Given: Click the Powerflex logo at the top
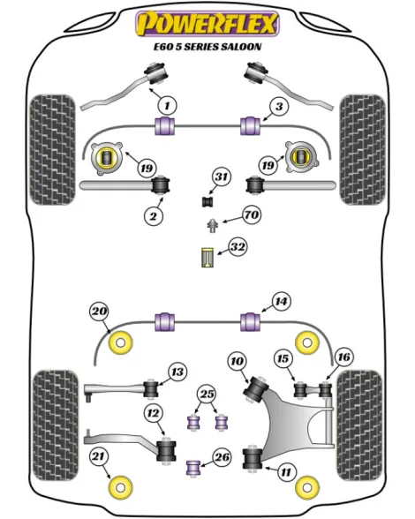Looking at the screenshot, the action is click(207, 23).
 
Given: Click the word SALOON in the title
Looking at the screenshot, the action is click(241, 46).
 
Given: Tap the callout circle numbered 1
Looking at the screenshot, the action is click(167, 106).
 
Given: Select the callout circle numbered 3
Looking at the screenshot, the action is click(279, 107).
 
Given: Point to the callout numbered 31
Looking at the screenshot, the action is click(222, 177).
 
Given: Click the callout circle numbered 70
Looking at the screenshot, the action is click(252, 215).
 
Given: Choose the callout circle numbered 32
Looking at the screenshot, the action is click(238, 247).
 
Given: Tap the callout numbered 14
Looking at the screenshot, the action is click(281, 301).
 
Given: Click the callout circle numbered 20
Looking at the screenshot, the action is click(100, 312).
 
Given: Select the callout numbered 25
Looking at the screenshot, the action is click(207, 395).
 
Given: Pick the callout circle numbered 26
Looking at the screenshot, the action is click(223, 457).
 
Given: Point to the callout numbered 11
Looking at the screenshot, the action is click(286, 471).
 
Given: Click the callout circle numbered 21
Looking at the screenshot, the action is click(99, 457).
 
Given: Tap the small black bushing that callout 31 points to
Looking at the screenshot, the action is click(208, 201).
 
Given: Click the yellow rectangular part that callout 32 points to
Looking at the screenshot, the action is click(207, 257).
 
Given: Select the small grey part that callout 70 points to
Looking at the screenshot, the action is click(212, 225).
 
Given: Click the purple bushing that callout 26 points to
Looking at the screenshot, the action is click(193, 467).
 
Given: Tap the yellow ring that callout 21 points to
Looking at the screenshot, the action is click(121, 487).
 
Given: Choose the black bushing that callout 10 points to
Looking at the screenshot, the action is click(256, 388).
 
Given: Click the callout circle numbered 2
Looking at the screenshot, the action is click(154, 216).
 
